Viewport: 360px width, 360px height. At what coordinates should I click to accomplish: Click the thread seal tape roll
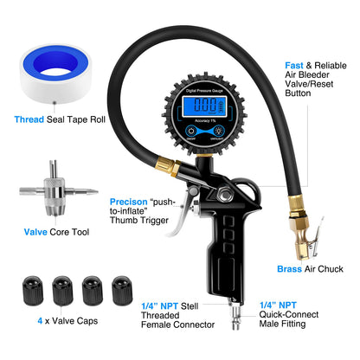(55, 73)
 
